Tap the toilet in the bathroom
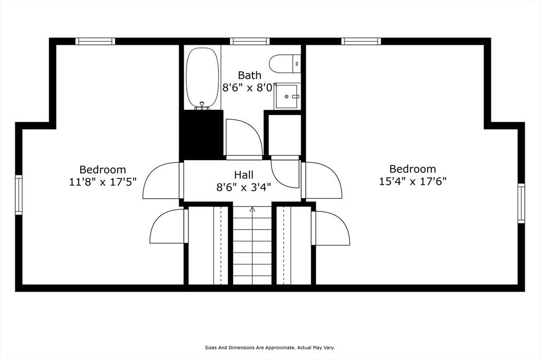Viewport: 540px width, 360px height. point(285,64)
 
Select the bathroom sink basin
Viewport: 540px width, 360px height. point(286,96)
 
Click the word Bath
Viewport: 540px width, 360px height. point(249,75)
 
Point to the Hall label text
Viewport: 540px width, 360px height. point(244,174)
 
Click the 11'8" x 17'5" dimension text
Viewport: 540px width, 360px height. point(103,181)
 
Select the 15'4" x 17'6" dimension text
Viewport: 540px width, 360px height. point(412,181)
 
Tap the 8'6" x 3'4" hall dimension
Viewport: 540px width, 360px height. point(244,188)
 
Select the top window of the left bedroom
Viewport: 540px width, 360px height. point(95,41)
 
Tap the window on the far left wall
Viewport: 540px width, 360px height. point(18,195)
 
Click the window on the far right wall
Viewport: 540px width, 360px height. point(522,203)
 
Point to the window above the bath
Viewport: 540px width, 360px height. point(249,41)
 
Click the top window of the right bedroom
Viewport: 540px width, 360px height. point(361,41)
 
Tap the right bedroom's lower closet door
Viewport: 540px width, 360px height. point(331,228)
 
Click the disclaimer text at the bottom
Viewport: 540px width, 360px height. point(270,348)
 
